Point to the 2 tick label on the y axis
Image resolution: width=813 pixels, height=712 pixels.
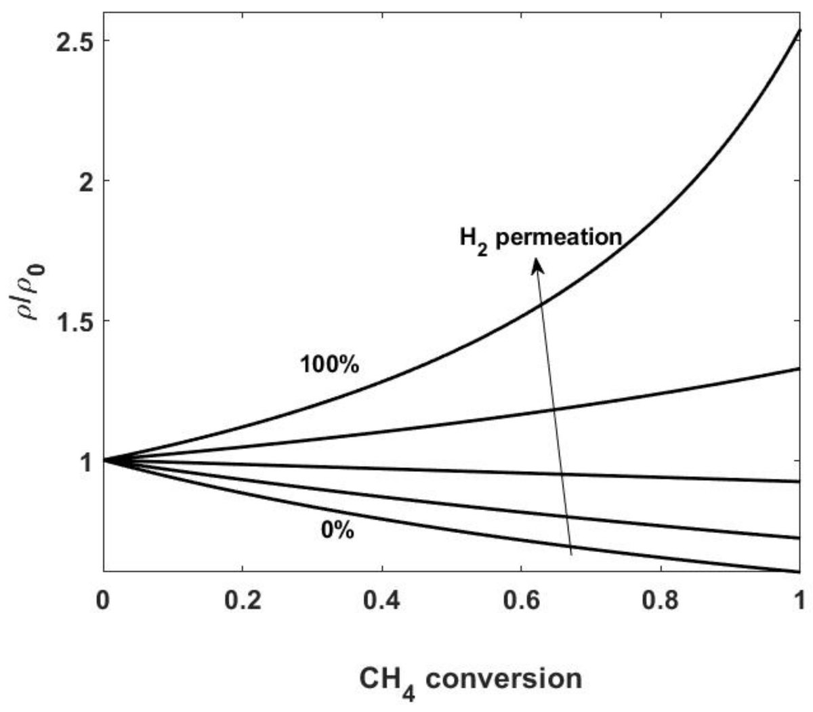[x=84, y=181]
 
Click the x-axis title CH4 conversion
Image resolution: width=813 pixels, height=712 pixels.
[x=470, y=679]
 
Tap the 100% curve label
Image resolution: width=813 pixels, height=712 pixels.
[x=329, y=364]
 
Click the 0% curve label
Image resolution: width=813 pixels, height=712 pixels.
[x=337, y=530]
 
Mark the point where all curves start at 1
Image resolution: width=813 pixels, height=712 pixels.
[x=104, y=460]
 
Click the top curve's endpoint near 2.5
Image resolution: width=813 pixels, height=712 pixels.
[x=800, y=31]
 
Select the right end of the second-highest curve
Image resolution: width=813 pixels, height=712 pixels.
[x=800, y=368]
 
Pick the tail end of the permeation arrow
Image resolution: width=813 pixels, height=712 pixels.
[x=572, y=555]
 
